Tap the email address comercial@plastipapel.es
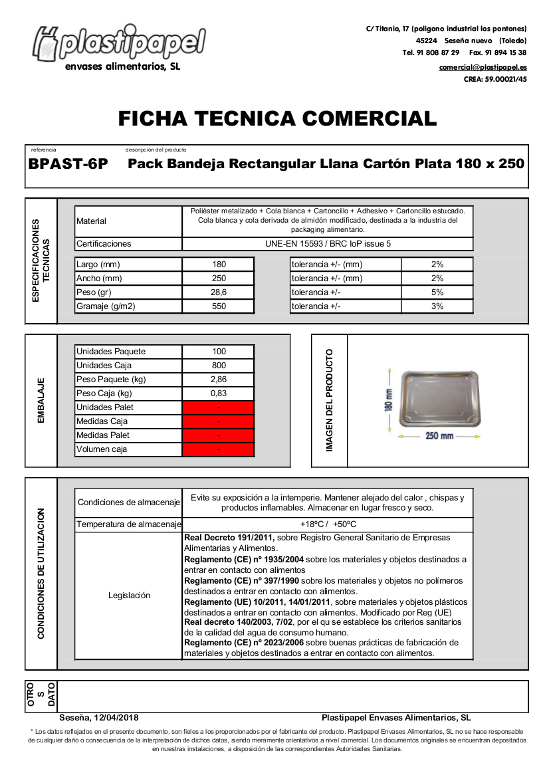(x=483, y=67)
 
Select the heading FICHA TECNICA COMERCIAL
(x=277, y=118)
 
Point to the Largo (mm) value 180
(x=218, y=265)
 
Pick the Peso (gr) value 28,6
(x=218, y=292)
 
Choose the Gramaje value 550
(x=218, y=306)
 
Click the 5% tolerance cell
(x=437, y=292)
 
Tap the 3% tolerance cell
(x=437, y=306)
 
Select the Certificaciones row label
(x=104, y=244)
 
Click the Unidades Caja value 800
(x=218, y=366)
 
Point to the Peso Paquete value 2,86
(x=218, y=380)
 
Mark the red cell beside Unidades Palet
(x=218, y=407)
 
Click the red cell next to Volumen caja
(x=218, y=449)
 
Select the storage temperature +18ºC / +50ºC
(x=328, y=524)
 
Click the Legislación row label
(x=129, y=596)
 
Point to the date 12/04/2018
(x=118, y=718)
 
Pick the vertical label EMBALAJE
(x=41, y=400)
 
